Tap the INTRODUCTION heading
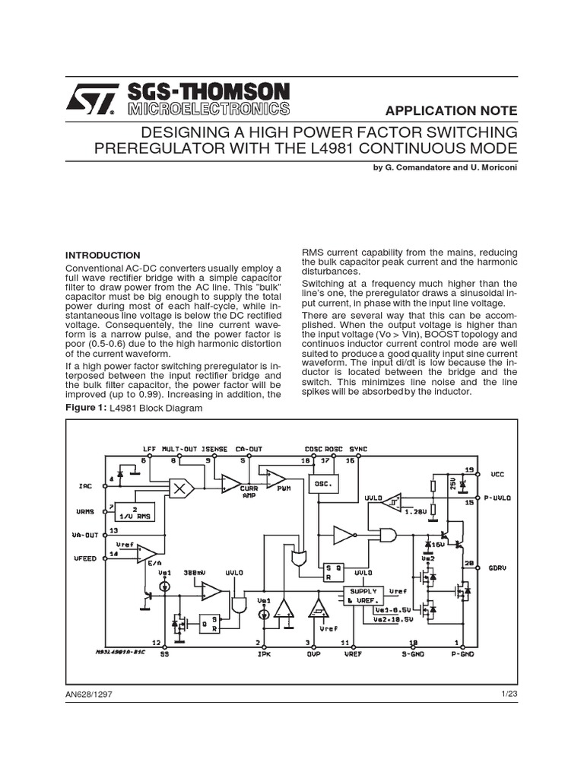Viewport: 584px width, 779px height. [103, 255]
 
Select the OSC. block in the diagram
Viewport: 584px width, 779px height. [323, 485]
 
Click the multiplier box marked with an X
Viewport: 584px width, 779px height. [181, 488]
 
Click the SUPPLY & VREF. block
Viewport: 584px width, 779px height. [362, 596]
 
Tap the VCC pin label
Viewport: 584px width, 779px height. [497, 473]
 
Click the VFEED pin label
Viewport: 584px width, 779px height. [84, 559]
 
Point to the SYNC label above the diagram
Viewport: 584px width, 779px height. [357, 449]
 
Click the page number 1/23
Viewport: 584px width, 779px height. [509, 693]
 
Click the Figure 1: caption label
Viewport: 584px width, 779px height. [86, 408]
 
